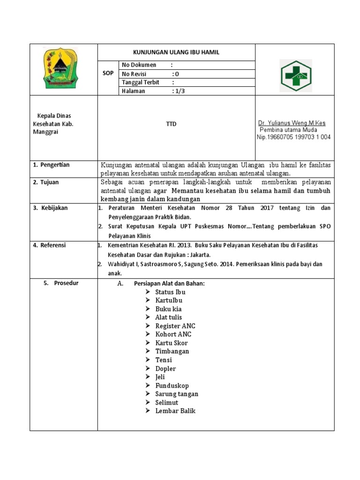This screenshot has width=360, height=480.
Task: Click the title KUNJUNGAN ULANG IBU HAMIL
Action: pyautogui.click(x=176, y=52)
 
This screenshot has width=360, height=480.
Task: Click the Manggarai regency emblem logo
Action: pyautogui.click(x=63, y=69)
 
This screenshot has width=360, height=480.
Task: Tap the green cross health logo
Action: pyautogui.click(x=295, y=75)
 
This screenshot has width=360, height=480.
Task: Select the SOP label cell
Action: pyautogui.click(x=108, y=74)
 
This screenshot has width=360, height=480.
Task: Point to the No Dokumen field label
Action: pyautogui.click(x=139, y=65)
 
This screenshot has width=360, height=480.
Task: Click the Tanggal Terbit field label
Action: pyautogui.click(x=141, y=82)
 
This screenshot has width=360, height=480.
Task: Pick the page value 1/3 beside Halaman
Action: pyautogui.click(x=179, y=91)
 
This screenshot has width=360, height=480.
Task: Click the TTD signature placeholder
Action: pyautogui.click(x=176, y=124)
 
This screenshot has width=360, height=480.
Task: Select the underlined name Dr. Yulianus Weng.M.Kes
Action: pyautogui.click(x=292, y=123)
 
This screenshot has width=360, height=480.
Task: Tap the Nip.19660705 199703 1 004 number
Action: pyautogui.click(x=293, y=137)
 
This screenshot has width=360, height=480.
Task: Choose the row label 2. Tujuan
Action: pyautogui.click(x=46, y=182)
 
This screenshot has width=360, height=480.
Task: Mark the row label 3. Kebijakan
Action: pyautogui.click(x=50, y=208)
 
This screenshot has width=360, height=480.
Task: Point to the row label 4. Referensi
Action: pyautogui.click(x=49, y=245)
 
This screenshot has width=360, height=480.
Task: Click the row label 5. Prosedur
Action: pyautogui.click(x=61, y=283)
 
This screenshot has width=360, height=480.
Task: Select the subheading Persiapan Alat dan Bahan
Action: pyautogui.click(x=169, y=283)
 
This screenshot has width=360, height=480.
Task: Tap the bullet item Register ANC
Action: pyautogui.click(x=175, y=326)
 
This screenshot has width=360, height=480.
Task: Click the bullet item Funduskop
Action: pyautogui.click(x=172, y=385)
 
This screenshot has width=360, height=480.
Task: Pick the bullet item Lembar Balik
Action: pyautogui.click(x=175, y=411)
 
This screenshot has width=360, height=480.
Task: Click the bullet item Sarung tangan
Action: pyautogui.click(x=177, y=394)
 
